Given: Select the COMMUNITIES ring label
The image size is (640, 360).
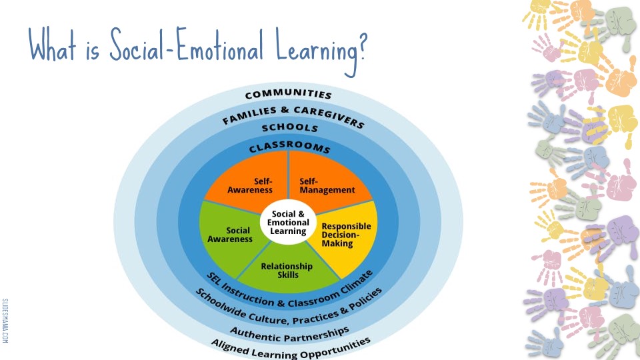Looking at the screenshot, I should click(289, 95).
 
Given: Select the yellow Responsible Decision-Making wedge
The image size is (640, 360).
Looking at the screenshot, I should click(346, 234).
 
